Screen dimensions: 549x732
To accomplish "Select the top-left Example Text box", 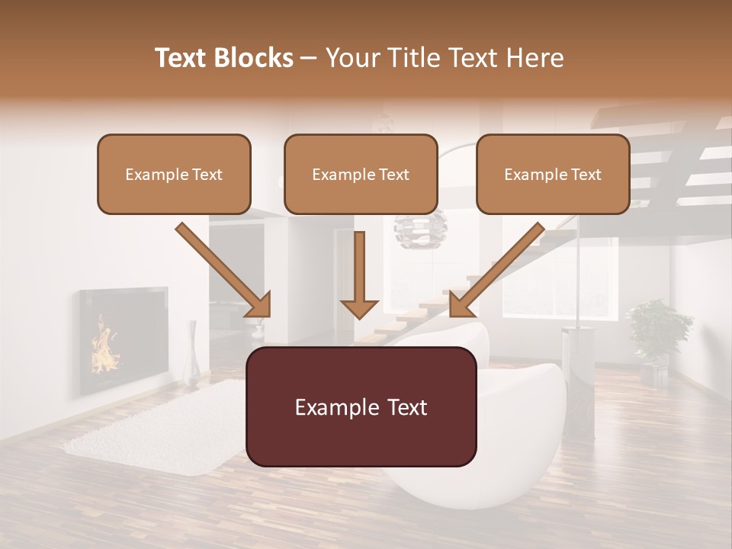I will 174,174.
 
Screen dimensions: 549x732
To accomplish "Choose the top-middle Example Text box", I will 361,174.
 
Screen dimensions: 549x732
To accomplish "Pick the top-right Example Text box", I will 553,174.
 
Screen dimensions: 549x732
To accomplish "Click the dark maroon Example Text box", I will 361,406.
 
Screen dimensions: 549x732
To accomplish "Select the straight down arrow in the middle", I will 359,274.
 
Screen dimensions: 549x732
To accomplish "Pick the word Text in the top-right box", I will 585,175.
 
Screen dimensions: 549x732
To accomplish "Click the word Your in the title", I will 351,58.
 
